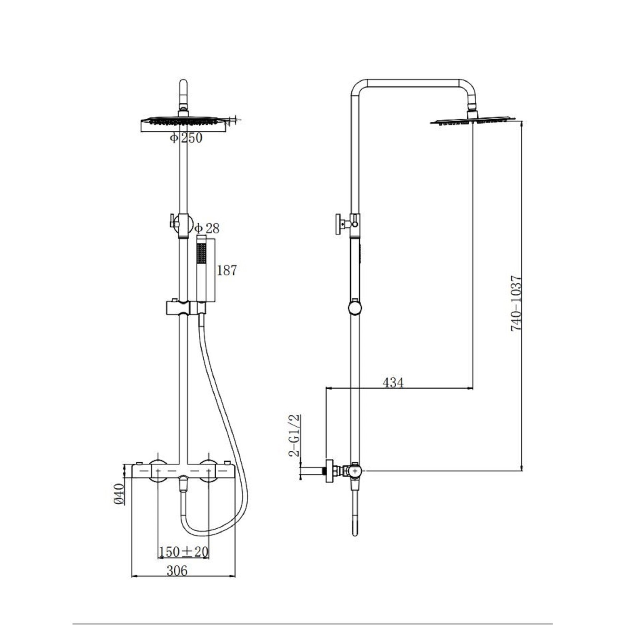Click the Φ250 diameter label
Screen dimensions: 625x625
[x=186, y=138]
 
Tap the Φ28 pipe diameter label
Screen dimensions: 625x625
[x=207, y=228]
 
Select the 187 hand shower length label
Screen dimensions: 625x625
[x=227, y=270]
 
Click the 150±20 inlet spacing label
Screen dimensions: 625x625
[x=183, y=552]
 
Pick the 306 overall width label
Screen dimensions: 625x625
[x=177, y=570]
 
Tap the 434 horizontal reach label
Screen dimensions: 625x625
[x=393, y=382]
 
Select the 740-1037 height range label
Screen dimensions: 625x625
[x=516, y=303]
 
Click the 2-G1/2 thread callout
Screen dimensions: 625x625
[x=295, y=435]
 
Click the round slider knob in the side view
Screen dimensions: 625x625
[x=355, y=308]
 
